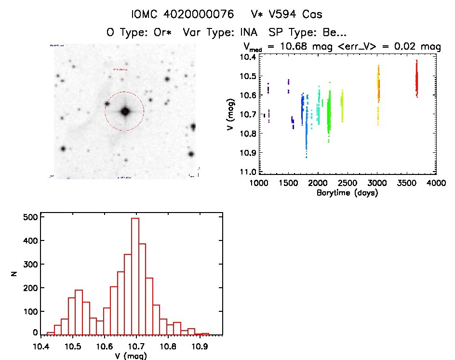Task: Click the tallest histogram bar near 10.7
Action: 135,275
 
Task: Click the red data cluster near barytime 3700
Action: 416,80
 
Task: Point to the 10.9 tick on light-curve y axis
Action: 250,153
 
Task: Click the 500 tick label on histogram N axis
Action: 30,217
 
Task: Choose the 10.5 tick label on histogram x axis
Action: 72,346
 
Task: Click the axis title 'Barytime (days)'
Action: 347,193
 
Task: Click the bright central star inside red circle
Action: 125,111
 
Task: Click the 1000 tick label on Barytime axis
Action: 259,184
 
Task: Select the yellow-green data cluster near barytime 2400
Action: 342,104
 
